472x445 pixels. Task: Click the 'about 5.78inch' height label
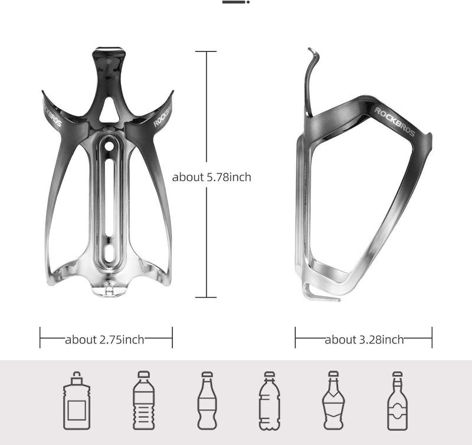211,177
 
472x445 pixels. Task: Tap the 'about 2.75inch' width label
104,339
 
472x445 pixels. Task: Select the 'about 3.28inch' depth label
364,339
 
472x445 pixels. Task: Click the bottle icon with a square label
77,401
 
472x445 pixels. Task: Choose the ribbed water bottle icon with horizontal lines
143,401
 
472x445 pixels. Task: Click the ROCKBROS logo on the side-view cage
395,122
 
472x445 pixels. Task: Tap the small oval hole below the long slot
109,253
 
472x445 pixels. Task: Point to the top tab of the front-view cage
109,54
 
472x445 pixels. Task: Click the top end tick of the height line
206,51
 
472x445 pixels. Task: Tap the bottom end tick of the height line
206,297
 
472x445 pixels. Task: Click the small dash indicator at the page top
235,2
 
